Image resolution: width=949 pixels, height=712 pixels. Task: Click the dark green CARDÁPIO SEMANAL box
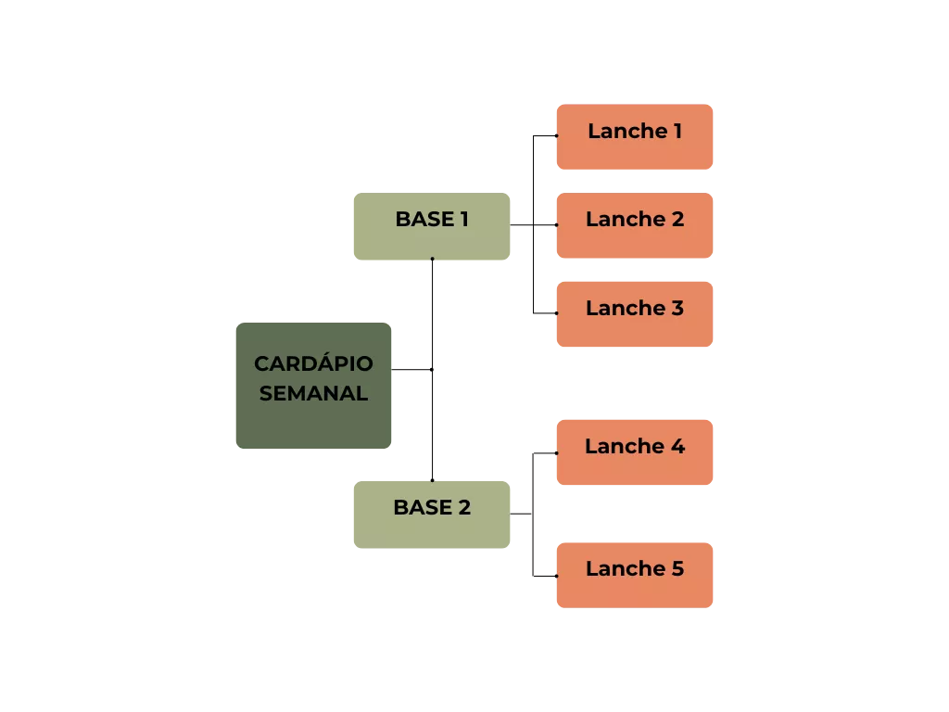[x=312, y=386]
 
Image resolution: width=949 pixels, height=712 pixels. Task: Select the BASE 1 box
[x=430, y=227]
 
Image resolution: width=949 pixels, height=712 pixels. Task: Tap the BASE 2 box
[x=430, y=513]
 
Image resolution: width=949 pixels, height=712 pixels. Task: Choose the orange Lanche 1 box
[x=636, y=136]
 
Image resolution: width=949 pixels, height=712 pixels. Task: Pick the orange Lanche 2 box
[x=636, y=225]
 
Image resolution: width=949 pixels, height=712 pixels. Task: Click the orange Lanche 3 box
[x=636, y=313]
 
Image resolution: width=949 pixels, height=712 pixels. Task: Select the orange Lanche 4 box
[x=636, y=451]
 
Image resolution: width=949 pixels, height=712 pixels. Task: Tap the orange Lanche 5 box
[x=636, y=574]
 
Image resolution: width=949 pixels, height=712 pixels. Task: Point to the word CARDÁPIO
[x=313, y=363]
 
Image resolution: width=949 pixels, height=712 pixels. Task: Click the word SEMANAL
[x=313, y=393]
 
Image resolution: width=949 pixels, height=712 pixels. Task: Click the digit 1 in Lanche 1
[x=677, y=132]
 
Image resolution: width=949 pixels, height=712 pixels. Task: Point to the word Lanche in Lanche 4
[x=625, y=447]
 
